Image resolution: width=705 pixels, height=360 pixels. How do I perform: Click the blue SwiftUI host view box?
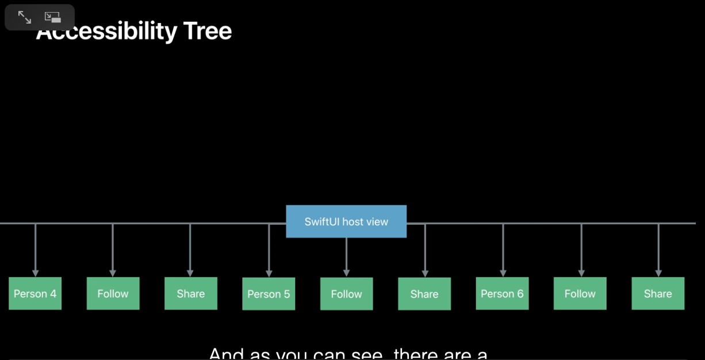346,221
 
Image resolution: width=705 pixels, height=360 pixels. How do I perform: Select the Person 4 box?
35,293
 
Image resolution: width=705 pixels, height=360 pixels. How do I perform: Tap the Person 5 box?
269,294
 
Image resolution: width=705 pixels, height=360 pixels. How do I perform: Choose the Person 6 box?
502,293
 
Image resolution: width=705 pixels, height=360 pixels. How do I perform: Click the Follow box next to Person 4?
113,293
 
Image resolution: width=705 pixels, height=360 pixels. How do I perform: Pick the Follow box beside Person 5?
346,294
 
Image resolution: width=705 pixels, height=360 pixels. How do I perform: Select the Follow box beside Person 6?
580,293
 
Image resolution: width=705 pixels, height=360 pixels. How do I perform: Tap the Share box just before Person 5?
191,293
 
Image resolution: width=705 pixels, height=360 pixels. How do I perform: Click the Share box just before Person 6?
424,294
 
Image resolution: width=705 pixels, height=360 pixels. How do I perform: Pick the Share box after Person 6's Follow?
658,293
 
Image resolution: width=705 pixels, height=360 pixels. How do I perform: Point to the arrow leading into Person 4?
36,250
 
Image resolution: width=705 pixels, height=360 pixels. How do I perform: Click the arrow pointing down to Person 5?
269,250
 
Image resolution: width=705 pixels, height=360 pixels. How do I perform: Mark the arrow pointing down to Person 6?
503,250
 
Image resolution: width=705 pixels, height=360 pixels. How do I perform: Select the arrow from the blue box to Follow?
346,256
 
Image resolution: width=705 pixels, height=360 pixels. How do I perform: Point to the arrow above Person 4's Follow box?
113,250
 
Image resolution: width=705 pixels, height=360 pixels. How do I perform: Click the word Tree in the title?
208,31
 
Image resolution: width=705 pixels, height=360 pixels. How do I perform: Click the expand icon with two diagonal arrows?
25,17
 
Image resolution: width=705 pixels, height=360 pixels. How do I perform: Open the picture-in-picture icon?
53,17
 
